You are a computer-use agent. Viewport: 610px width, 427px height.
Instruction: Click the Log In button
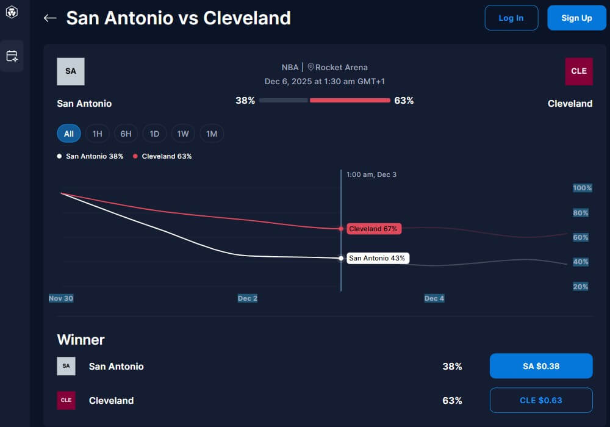511,18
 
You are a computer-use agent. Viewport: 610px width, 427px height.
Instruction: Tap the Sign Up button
576,18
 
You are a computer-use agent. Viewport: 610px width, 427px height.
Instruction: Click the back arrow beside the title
50,18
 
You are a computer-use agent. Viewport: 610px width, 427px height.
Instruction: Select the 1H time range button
97,134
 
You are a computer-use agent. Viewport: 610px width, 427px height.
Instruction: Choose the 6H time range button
126,134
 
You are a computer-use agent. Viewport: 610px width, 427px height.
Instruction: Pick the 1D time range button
154,134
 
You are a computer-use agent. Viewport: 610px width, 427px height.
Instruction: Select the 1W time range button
183,134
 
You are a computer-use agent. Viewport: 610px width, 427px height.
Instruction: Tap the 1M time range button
212,134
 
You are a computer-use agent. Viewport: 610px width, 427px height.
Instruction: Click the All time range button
69,134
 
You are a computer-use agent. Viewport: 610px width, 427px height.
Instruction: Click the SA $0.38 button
541,366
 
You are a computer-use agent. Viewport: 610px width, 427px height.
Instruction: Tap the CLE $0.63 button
541,400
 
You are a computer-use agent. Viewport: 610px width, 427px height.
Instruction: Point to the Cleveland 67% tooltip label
373,229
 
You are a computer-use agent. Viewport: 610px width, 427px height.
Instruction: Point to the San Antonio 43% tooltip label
376,258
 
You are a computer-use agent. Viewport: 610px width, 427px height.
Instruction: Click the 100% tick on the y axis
582,188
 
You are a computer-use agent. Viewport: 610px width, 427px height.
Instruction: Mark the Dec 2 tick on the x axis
247,298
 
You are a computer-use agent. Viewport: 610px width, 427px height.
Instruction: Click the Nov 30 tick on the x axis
61,298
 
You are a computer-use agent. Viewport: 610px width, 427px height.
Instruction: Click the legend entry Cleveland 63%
162,156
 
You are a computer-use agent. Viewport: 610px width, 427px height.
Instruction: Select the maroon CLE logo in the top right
578,71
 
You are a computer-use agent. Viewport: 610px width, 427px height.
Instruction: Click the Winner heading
81,339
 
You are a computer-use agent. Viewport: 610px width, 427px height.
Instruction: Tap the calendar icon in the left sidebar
12,56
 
